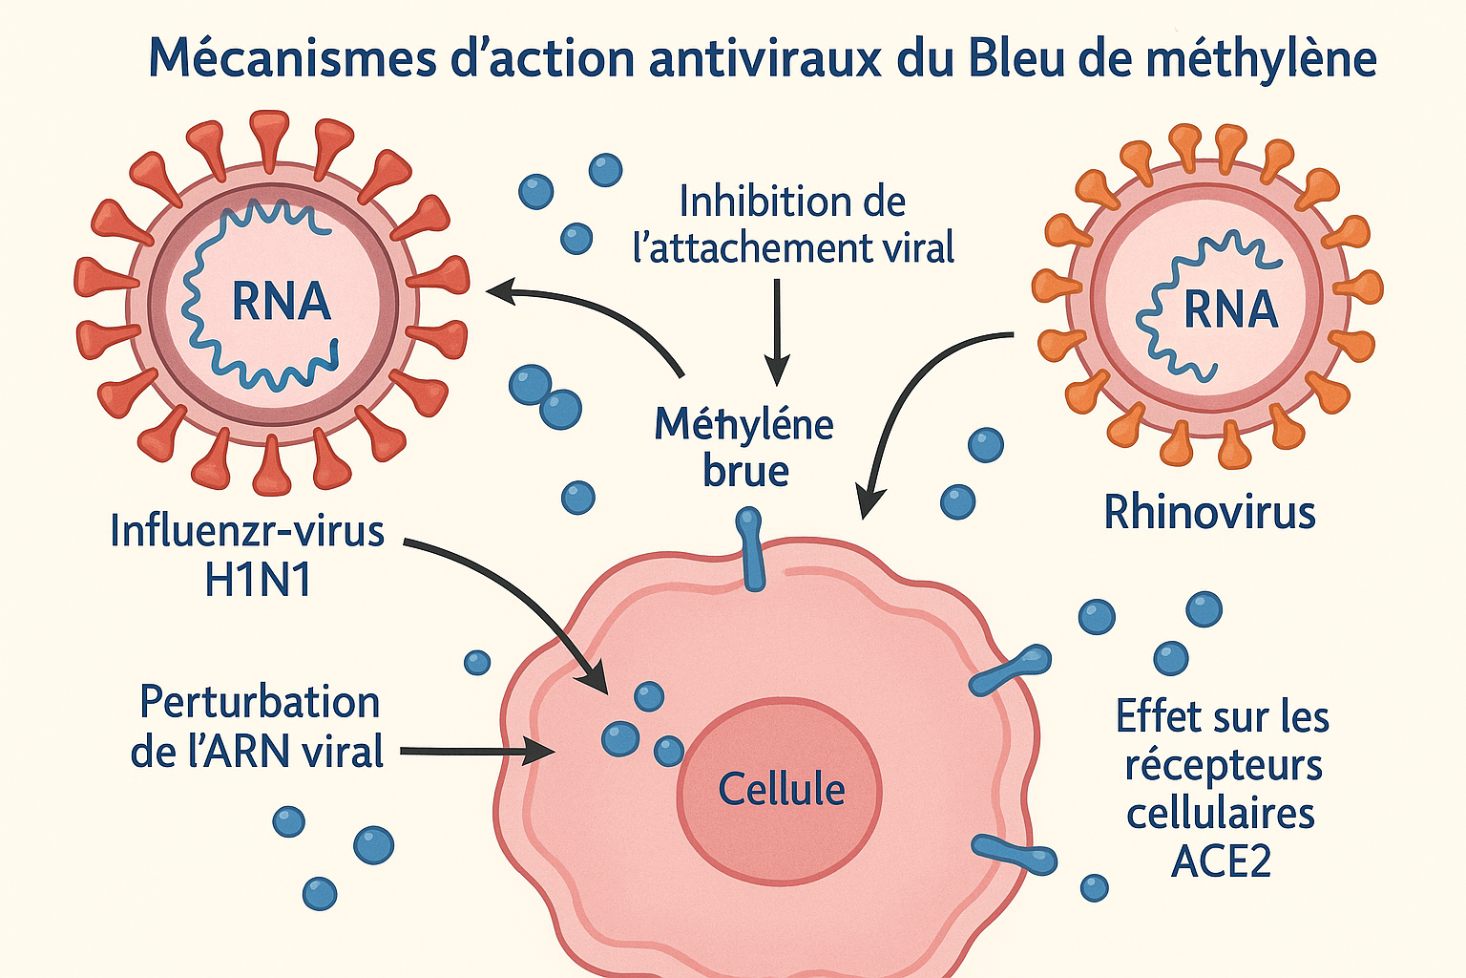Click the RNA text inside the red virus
click(281, 302)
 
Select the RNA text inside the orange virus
click(1230, 309)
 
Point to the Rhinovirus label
click(1209, 513)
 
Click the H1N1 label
click(258, 580)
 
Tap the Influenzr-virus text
click(247, 531)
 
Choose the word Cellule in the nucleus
click(781, 790)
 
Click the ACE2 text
click(1221, 861)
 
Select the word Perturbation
click(260, 702)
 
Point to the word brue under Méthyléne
click(745, 471)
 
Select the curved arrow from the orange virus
click(907, 401)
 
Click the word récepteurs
click(1223, 766)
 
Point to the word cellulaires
click(1221, 814)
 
